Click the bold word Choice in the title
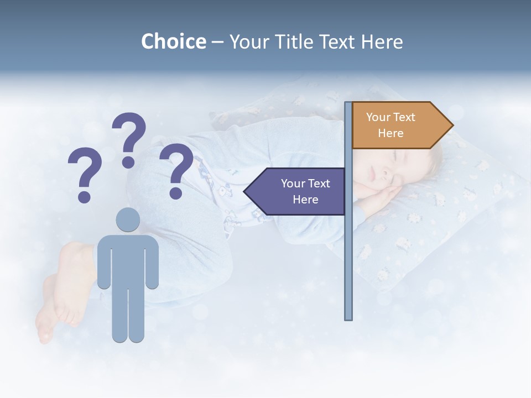point(173,41)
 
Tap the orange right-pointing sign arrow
point(398,125)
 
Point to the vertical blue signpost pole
point(348,249)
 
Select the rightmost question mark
point(176,170)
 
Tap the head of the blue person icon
point(128,220)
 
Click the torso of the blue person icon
point(128,260)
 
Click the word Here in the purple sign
point(305,200)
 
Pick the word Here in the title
point(382,41)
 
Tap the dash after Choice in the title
point(217,42)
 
